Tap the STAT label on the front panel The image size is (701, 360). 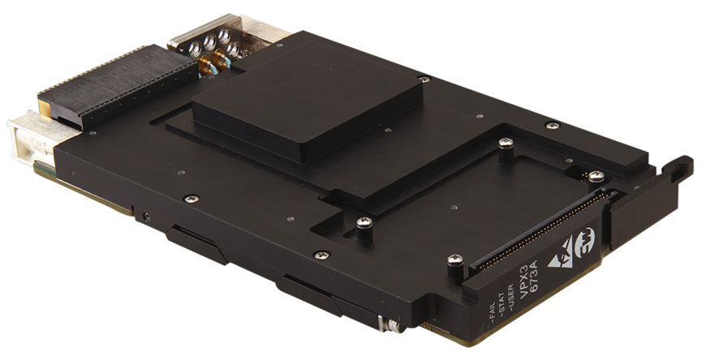[x=502, y=305]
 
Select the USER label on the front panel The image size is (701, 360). [x=511, y=297]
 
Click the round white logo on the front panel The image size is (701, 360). [x=585, y=236]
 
